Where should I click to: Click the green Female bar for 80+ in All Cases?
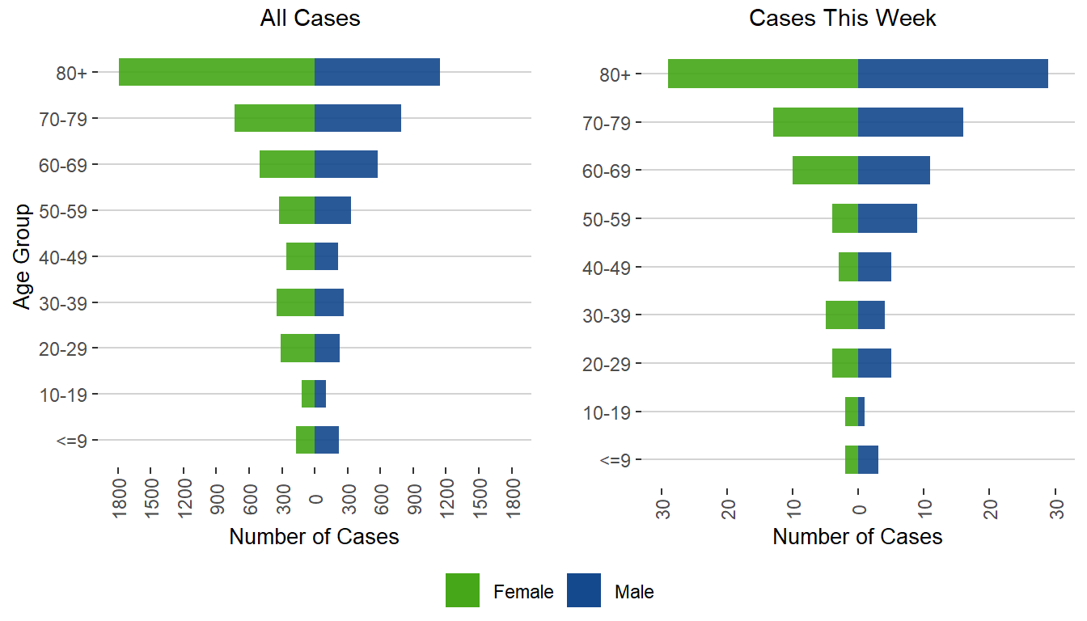(217, 72)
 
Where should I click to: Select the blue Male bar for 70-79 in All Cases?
(357, 118)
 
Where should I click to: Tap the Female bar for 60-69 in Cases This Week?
(825, 170)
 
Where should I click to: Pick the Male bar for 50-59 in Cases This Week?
(887, 218)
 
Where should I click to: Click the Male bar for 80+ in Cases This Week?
(953, 74)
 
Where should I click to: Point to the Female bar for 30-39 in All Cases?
(295, 302)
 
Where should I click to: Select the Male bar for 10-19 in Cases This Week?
(861, 412)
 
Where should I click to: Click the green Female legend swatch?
(463, 590)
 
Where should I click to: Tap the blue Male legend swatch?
(584, 590)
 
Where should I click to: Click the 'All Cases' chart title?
(310, 19)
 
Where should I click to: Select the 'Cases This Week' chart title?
(843, 19)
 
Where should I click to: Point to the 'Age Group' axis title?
(23, 256)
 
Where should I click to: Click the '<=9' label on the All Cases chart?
(72, 441)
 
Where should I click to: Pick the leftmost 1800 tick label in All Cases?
(118, 490)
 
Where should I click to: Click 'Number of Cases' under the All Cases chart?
(314, 536)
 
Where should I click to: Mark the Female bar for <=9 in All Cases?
(305, 440)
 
